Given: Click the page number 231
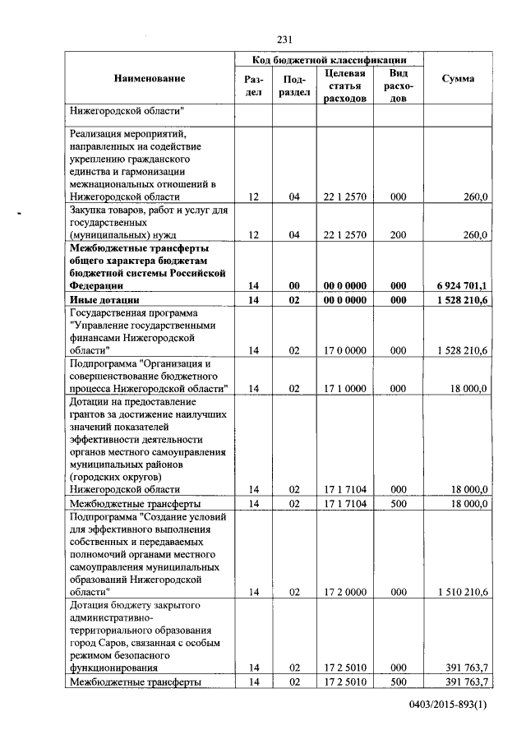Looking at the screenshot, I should [x=285, y=39].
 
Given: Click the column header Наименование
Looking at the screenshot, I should [x=150, y=79].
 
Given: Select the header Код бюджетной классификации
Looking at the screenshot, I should [x=329, y=60].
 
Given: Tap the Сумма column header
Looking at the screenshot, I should [x=457, y=79].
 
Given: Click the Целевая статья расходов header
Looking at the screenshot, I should [x=345, y=86].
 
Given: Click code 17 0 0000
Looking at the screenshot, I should [x=345, y=350].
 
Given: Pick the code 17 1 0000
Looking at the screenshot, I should [x=345, y=388].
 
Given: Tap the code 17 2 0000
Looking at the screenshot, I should [x=345, y=591].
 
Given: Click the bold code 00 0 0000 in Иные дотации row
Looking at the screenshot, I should [x=345, y=301].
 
